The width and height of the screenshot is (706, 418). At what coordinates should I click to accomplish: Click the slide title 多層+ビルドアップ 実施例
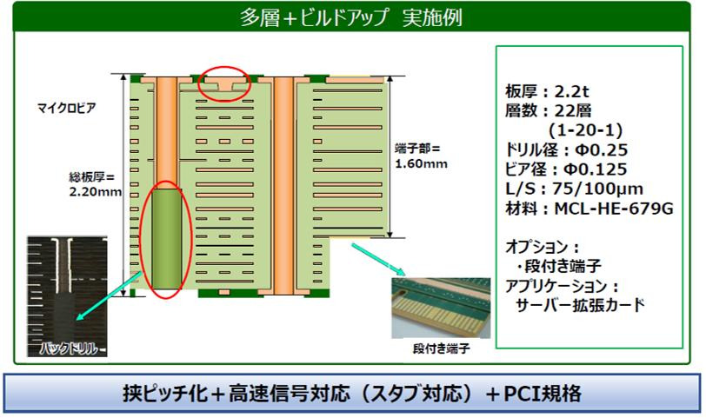pos(352,17)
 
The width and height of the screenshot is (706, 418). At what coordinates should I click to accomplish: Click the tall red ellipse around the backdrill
pos(164,238)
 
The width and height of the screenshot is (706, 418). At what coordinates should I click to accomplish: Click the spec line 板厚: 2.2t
pos(543,90)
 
